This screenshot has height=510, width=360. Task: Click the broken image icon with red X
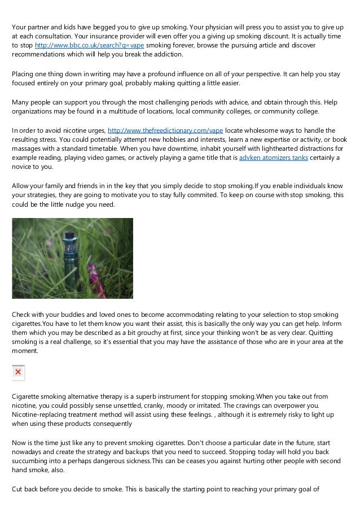coord(18,372)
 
